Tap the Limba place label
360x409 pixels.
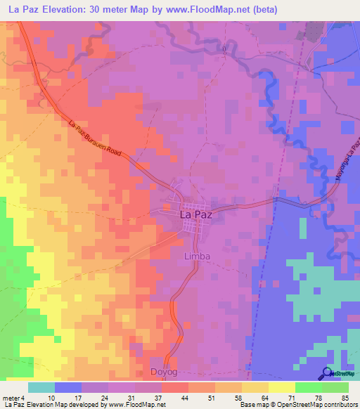click(196, 257)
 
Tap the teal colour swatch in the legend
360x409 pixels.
click(41, 387)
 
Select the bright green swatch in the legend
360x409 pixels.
click(308, 387)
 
